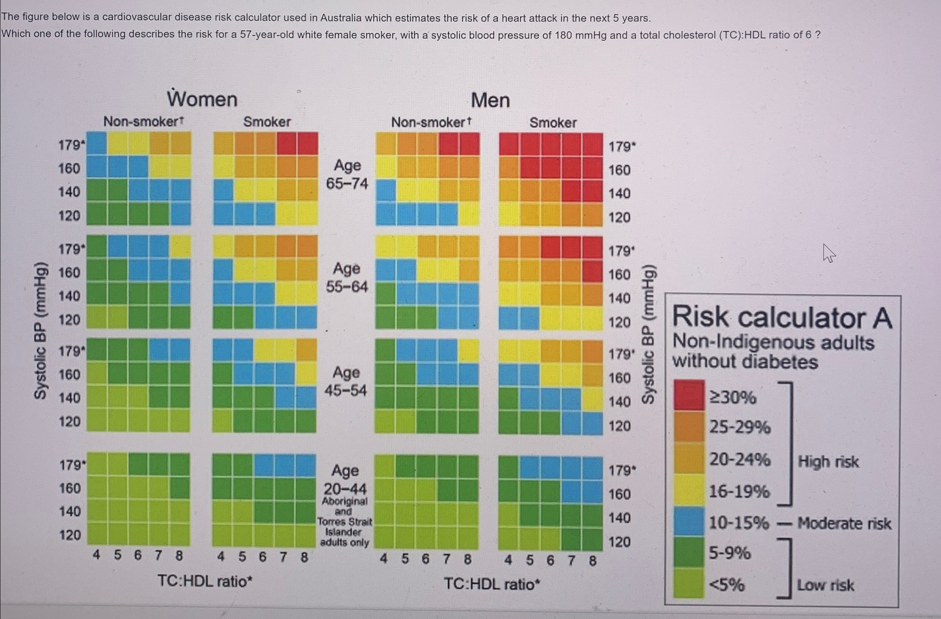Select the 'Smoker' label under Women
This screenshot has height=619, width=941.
point(267,122)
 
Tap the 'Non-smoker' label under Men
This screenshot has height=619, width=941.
point(430,122)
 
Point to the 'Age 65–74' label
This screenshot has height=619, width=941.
point(347,174)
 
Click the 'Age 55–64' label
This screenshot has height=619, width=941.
point(347,277)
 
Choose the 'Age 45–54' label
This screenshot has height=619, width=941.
point(346,381)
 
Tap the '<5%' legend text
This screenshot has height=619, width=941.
point(727,584)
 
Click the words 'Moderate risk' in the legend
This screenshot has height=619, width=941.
point(844,523)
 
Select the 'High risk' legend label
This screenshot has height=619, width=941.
point(828,462)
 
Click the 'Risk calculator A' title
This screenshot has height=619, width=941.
point(782,318)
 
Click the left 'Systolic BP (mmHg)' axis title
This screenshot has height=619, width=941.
point(41,330)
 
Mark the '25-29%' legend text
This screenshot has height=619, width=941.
point(739,427)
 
